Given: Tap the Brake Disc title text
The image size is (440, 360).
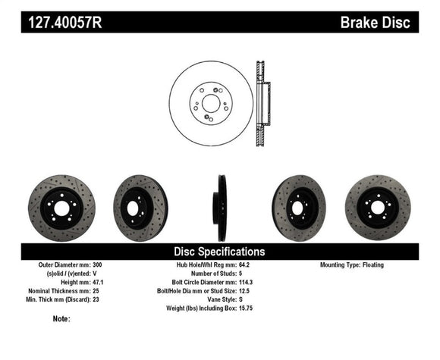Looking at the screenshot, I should point(376,23).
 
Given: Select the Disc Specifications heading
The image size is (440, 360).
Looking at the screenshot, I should point(220,251).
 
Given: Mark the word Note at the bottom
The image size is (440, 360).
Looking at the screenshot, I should point(62,318).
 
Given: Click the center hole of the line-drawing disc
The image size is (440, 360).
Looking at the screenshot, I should point(211,103).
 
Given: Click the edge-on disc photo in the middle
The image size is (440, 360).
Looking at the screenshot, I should point(222,208).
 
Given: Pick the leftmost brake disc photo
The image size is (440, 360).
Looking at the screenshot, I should point(51,208).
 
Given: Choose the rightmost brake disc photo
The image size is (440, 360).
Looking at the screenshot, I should point(377,208).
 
